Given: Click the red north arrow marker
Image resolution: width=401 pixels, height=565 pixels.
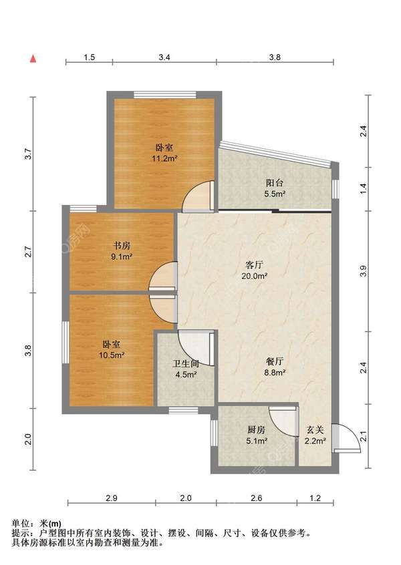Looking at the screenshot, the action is pyautogui.click(x=33, y=58).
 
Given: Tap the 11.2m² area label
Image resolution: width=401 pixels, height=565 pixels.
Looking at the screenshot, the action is pyautogui.click(x=164, y=158).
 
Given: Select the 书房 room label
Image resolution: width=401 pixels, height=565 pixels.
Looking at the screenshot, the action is pyautogui.click(x=122, y=246).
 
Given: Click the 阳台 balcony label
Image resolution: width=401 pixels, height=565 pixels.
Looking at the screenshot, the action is pyautogui.click(x=275, y=183).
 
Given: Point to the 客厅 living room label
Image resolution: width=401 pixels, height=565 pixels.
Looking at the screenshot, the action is pyautogui.click(x=254, y=265).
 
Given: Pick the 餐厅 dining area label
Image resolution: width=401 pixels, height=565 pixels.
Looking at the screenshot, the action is pyautogui.click(x=275, y=361).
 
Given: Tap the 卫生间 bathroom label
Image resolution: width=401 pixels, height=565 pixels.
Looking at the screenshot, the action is pyautogui.click(x=186, y=364).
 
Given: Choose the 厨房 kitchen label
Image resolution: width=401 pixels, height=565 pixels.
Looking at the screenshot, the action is pyautogui.click(x=257, y=429).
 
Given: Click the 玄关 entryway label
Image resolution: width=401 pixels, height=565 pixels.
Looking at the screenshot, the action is pyautogui.click(x=315, y=429).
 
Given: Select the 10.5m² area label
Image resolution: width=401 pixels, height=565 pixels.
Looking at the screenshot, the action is pyautogui.click(x=112, y=355).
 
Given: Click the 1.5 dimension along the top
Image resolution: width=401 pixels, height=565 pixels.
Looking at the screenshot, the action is pyautogui.click(x=89, y=57).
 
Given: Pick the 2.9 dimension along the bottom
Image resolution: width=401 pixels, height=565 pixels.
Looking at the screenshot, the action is pyautogui.click(x=112, y=498).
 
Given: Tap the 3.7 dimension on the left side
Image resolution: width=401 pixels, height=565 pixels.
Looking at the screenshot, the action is pyautogui.click(x=29, y=154).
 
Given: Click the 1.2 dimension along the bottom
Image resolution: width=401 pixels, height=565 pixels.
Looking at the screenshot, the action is pyautogui.click(x=315, y=498).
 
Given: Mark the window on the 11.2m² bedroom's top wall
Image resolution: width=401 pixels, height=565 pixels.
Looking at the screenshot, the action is pyautogui.click(x=165, y=95).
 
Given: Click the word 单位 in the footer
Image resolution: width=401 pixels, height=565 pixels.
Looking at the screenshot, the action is pyautogui.click(x=21, y=523).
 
